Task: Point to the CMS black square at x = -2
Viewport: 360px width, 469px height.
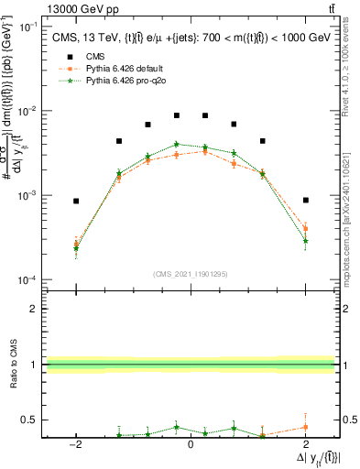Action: [76, 201]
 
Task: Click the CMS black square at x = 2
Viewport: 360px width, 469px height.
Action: [305, 200]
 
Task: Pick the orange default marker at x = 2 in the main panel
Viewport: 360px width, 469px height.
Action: [305, 228]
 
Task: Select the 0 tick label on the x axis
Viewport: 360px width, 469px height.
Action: [191, 445]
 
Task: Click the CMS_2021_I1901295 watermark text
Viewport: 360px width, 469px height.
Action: [190, 273]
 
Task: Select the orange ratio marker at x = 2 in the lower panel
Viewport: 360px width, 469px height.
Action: [305, 427]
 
